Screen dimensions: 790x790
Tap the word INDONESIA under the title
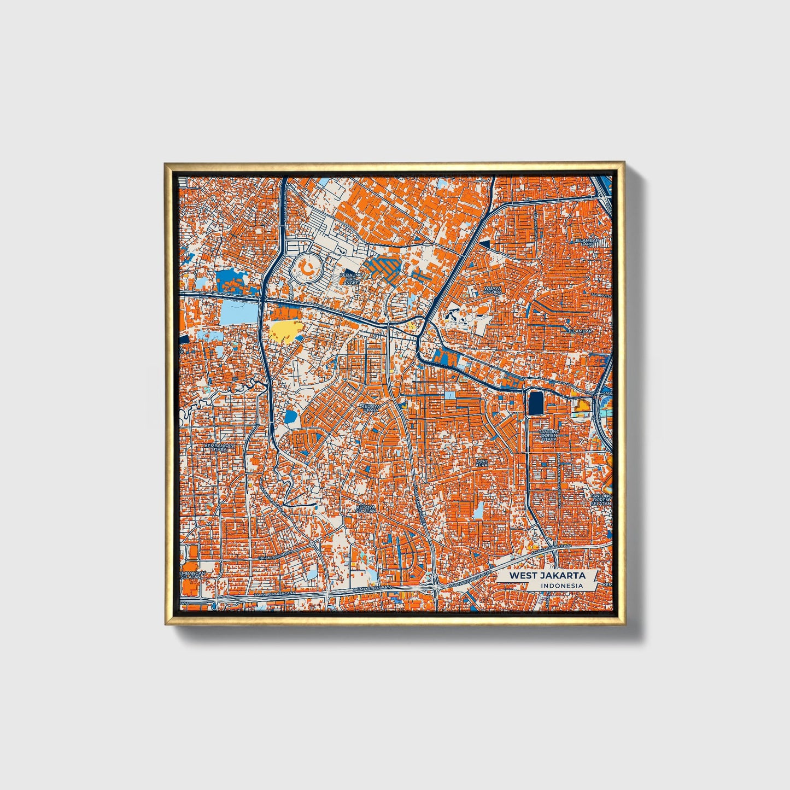click(561, 586)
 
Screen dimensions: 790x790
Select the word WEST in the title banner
click(523, 576)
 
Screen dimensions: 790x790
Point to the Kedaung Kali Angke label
click(350, 279)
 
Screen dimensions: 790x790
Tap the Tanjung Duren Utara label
click(548, 435)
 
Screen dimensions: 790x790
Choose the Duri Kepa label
click(482, 463)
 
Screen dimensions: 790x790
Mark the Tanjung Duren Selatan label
click(601, 499)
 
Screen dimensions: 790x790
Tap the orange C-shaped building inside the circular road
click(306, 268)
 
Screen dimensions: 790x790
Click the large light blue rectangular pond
click(238, 312)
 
